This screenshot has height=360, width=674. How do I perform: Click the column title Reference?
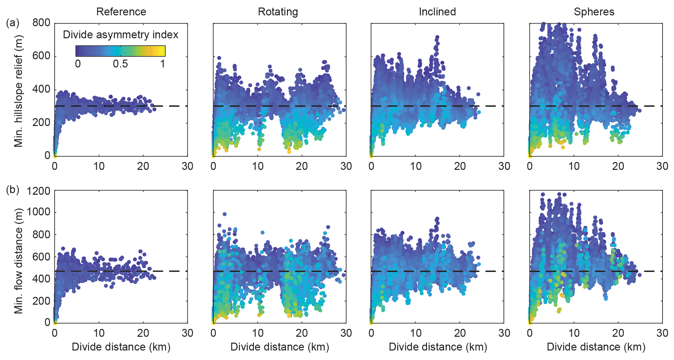(x=121, y=12)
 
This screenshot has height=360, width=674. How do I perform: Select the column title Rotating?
(x=278, y=12)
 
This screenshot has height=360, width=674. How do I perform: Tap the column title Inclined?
(x=437, y=12)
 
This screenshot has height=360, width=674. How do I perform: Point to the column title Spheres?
(x=594, y=12)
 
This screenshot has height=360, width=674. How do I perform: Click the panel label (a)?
(x=13, y=23)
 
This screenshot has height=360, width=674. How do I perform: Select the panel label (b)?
(x=13, y=190)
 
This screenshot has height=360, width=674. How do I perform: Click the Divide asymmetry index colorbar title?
(x=120, y=35)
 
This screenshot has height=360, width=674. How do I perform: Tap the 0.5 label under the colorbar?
(x=120, y=63)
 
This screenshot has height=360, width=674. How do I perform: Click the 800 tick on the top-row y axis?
(x=41, y=23)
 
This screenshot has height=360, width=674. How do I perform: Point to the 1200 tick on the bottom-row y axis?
(x=38, y=191)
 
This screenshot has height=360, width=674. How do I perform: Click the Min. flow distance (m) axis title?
(x=18, y=261)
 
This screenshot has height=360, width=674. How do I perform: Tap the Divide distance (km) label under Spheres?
(x=596, y=347)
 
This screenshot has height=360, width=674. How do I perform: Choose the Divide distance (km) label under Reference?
(x=121, y=347)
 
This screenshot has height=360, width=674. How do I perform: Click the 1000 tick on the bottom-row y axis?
(x=38, y=212)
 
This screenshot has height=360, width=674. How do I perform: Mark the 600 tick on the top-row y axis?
(x=41, y=56)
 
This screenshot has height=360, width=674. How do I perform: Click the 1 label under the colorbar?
(x=163, y=63)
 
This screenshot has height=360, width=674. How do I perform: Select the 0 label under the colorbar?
(x=78, y=63)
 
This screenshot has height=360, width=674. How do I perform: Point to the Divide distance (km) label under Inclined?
(x=438, y=347)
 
